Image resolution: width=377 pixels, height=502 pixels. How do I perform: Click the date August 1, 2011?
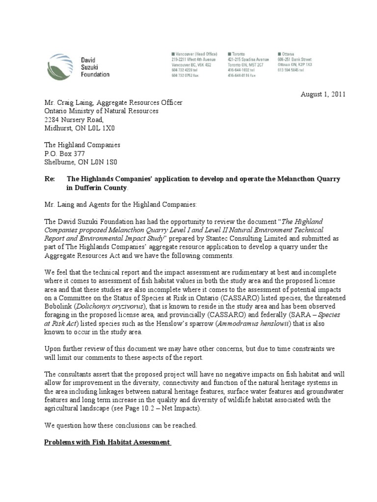pos(323,94)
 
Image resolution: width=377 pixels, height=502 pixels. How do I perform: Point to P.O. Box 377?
pos(64,153)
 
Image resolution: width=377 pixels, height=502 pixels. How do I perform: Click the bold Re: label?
pos(49,179)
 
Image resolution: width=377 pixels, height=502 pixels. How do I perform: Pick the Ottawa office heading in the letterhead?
pos(287,53)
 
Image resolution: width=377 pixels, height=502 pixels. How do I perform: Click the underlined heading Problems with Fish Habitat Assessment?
pos(107,442)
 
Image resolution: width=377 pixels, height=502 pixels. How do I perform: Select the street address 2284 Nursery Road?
pos(74,119)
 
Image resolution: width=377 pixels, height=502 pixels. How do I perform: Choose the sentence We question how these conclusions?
pos(121,426)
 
